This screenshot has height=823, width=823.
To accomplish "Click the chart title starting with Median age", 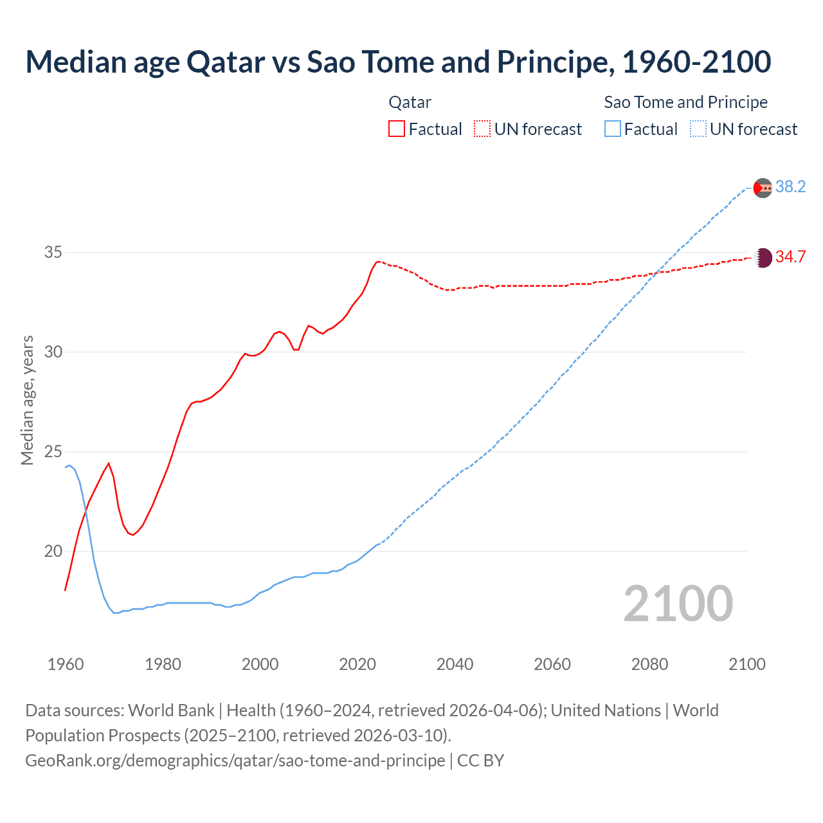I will pyautogui.click(x=398, y=62).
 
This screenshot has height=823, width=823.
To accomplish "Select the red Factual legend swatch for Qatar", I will pyautogui.click(x=397, y=129).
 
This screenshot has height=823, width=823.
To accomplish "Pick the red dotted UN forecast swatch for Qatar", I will pyautogui.click(x=482, y=129).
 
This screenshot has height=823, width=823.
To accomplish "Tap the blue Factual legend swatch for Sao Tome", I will pyautogui.click(x=613, y=129).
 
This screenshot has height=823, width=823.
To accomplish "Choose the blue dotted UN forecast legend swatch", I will pyautogui.click(x=698, y=129).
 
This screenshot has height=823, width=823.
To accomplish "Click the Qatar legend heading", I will pyautogui.click(x=410, y=102).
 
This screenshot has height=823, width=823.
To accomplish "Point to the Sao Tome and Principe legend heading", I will pyautogui.click(x=685, y=102).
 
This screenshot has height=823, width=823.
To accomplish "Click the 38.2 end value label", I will pyautogui.click(x=790, y=187).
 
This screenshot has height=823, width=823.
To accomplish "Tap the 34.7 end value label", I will pyautogui.click(x=790, y=257).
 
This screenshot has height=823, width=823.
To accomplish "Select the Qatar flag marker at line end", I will pyautogui.click(x=763, y=258).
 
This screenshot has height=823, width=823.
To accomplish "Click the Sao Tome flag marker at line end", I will pyautogui.click(x=763, y=188).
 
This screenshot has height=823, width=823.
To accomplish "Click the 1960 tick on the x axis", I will pyautogui.click(x=66, y=664).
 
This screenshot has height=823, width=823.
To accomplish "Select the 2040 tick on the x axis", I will pyautogui.click(x=455, y=664).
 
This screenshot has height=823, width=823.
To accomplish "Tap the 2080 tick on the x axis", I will pyautogui.click(x=649, y=664).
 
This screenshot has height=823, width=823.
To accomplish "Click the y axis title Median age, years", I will pyautogui.click(x=27, y=400).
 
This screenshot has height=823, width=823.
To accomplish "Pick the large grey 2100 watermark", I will pyautogui.click(x=678, y=603).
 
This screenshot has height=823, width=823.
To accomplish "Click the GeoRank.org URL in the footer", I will pyautogui.click(x=235, y=761).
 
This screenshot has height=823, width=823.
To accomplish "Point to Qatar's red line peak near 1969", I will pyautogui.click(x=109, y=463).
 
